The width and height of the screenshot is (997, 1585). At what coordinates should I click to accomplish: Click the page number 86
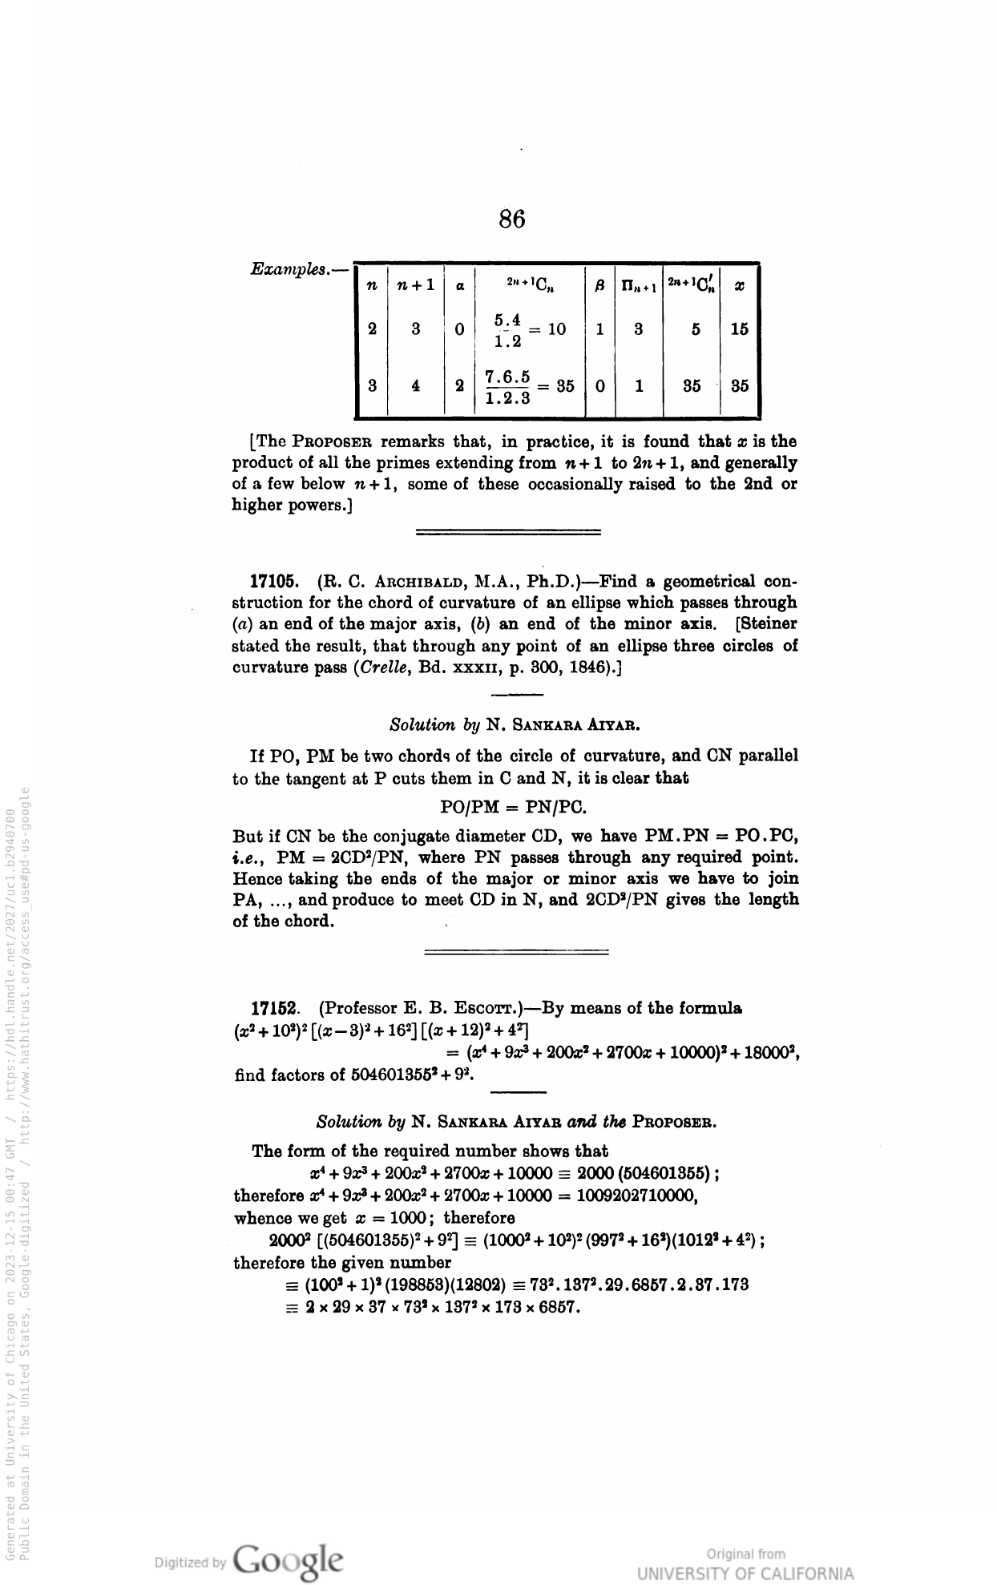511,219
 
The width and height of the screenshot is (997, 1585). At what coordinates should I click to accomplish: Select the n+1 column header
416,284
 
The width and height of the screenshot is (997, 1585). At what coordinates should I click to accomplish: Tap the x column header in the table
739,284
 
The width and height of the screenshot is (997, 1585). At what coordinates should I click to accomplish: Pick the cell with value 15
739,329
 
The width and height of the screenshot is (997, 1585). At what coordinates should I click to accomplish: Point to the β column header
599,284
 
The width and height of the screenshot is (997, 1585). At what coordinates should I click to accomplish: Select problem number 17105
274,581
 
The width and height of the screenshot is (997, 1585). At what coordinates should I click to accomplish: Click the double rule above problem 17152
516,952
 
